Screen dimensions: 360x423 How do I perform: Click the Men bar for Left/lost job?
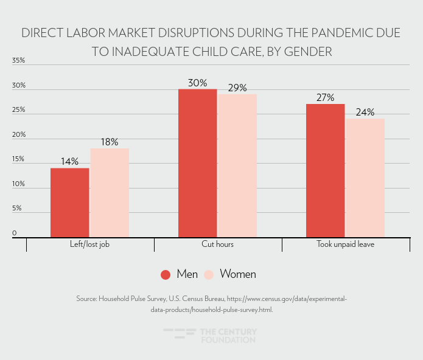click(x=69, y=202)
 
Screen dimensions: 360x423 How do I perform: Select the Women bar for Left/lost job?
click(x=110, y=193)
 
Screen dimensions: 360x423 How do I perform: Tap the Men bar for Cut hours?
click(x=197, y=163)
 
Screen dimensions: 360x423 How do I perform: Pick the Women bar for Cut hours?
click(x=237, y=165)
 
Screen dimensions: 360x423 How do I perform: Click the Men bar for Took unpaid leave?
click(x=325, y=170)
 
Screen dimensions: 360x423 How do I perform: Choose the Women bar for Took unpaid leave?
click(x=365, y=178)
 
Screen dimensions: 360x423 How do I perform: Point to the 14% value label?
click(x=69, y=161)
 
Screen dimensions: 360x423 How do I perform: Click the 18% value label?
click(x=110, y=142)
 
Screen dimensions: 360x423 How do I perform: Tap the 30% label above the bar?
click(x=197, y=83)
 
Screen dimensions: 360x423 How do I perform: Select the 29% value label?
click(x=237, y=88)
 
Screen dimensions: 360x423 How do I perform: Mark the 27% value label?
click(x=325, y=97)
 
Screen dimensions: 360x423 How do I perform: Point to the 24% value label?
click(x=365, y=112)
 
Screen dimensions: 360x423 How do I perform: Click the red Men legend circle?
click(x=166, y=274)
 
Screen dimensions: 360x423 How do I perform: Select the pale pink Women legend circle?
click(x=209, y=274)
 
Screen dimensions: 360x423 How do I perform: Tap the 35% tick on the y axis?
click(x=18, y=61)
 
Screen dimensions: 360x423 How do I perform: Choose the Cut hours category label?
click(x=217, y=244)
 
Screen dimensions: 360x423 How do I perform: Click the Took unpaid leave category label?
click(x=345, y=244)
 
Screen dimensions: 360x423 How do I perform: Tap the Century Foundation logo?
click(x=211, y=336)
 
